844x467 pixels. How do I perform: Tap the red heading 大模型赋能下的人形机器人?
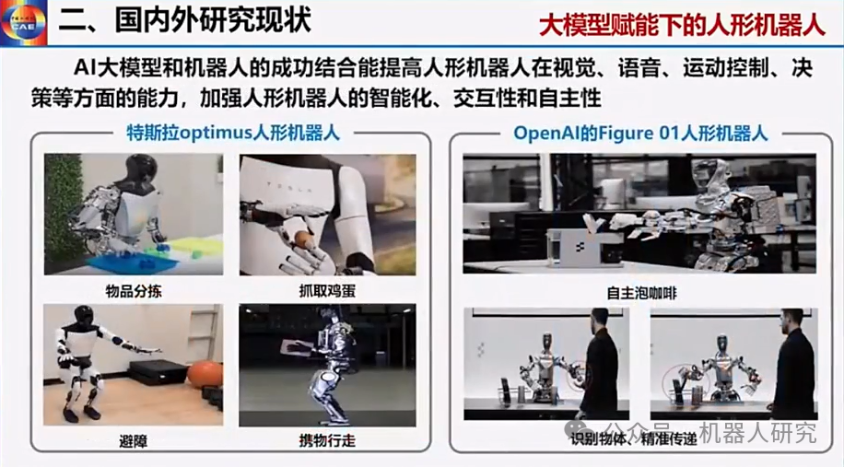[x=681, y=24]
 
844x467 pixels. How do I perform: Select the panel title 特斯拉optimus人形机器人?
[x=232, y=133]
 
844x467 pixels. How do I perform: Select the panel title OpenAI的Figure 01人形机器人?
[x=640, y=133]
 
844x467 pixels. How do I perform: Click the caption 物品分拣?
[x=134, y=291]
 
